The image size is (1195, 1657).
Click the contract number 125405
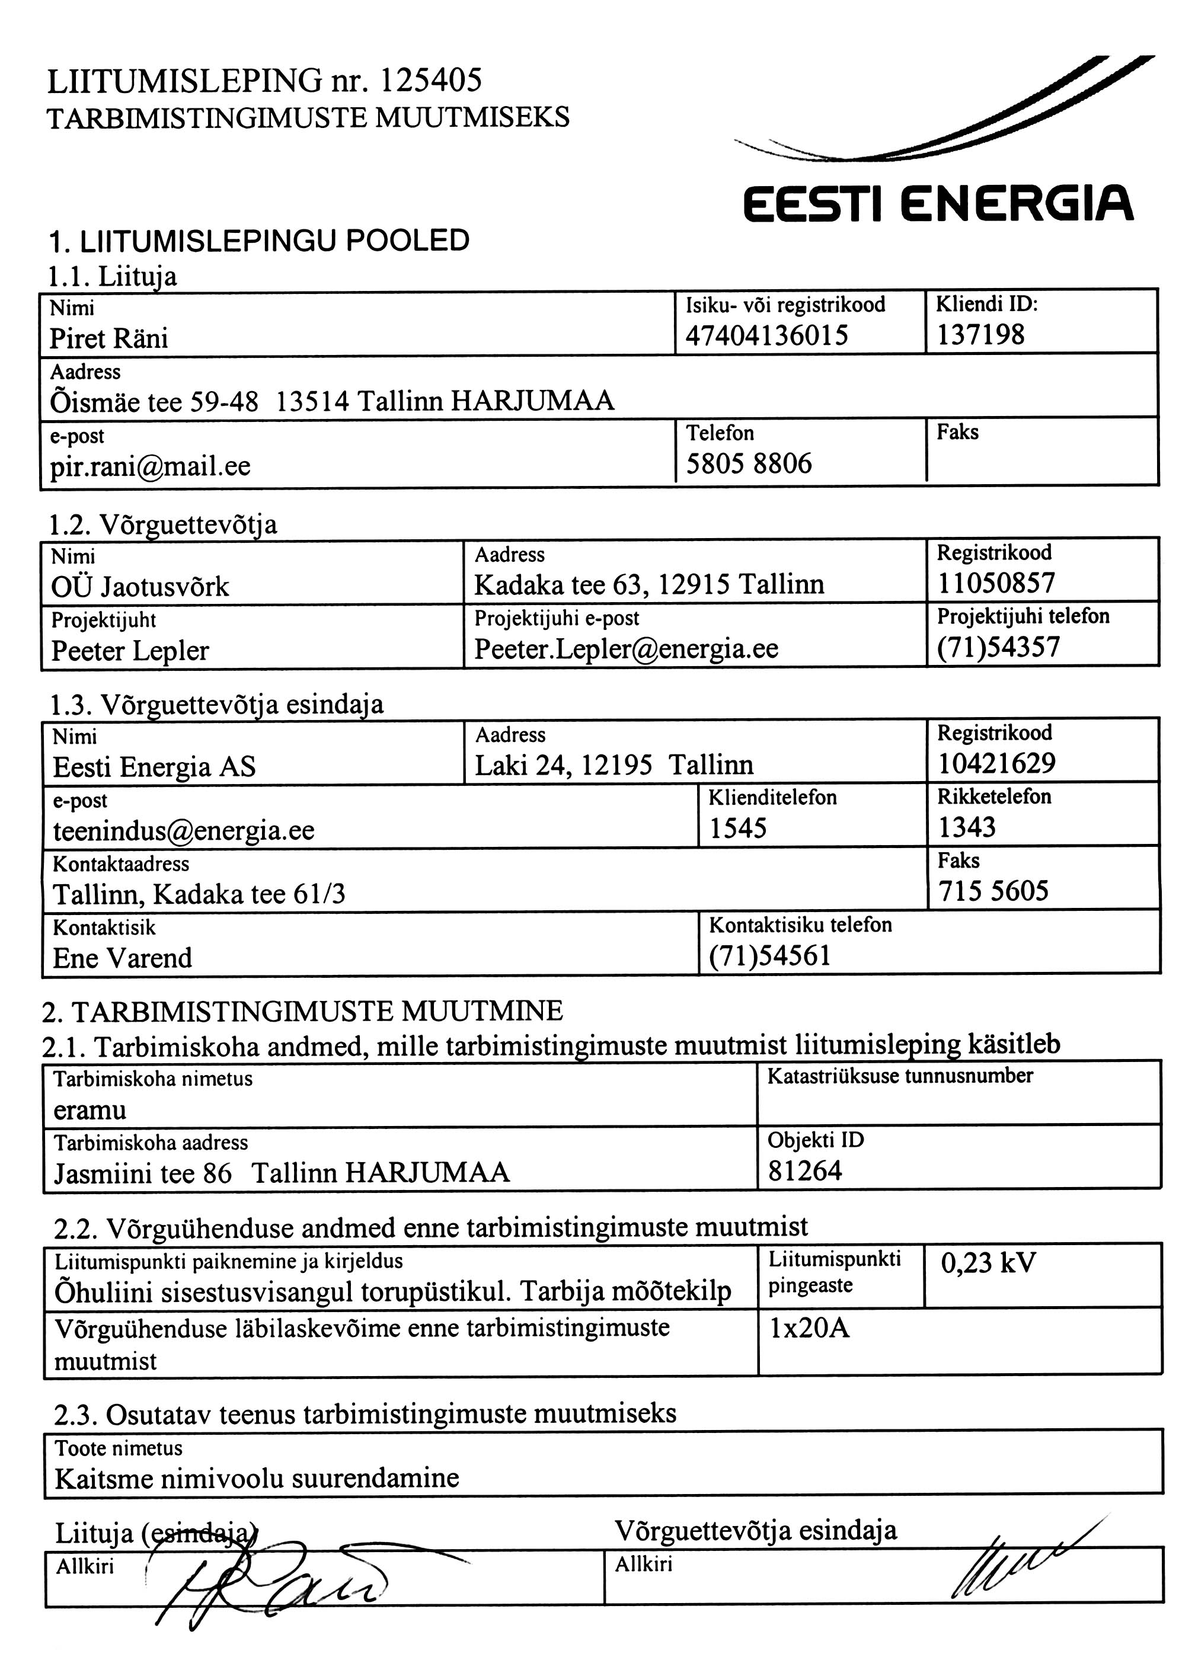pos(430,81)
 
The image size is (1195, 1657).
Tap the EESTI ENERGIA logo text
pos(938,203)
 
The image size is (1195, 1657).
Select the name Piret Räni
pos(109,338)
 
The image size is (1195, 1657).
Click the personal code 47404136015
pos(766,335)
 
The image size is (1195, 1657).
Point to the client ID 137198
pos(981,335)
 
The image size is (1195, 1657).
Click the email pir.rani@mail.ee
pos(151,465)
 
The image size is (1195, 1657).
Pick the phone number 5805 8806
pos(749,463)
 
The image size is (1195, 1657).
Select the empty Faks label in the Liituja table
pos(957,433)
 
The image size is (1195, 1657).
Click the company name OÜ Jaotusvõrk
pos(140,587)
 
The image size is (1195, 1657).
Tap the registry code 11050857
pos(996,583)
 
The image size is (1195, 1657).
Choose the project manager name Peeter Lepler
pos(130,650)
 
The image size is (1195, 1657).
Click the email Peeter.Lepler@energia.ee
pos(627,648)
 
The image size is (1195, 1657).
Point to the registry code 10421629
pos(997,763)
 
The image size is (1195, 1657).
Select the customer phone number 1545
pos(738,828)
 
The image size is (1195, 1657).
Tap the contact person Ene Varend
pos(123,958)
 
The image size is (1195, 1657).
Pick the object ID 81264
pos(805,1171)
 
